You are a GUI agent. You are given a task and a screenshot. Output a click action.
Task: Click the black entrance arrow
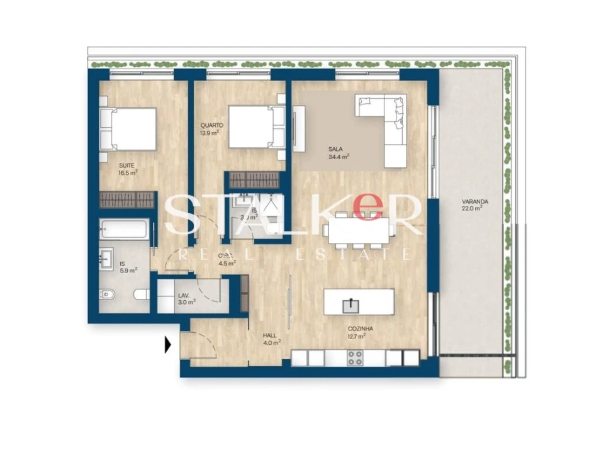pyautogui.click(x=168, y=345)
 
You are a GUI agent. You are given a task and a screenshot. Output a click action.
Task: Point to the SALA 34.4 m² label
pyautogui.click(x=338, y=153)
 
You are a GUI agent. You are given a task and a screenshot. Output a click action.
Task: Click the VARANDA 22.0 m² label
pyautogui.click(x=471, y=205)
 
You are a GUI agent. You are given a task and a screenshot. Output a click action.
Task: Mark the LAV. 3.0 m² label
pyautogui.click(x=186, y=298)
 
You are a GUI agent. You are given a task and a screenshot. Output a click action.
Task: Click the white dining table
pyautogui.click(x=359, y=230)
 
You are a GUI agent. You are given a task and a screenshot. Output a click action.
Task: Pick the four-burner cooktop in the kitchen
pyautogui.click(x=355, y=357)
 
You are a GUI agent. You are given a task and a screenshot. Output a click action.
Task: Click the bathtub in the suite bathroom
pyautogui.click(x=124, y=229)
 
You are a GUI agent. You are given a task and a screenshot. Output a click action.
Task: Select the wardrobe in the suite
pyautogui.click(x=127, y=200)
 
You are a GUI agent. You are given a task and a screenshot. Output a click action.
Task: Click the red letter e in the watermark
pyautogui.click(x=368, y=207)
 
